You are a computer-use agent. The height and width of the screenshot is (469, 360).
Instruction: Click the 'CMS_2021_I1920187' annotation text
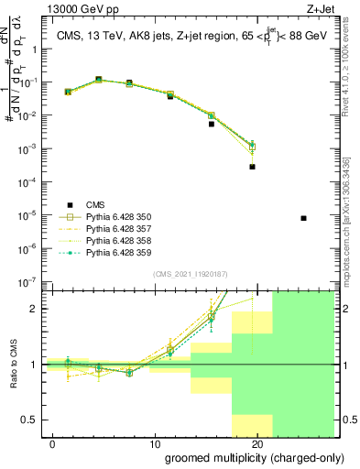pos(190,274)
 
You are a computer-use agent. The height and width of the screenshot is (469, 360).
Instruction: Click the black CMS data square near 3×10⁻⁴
pos(252,167)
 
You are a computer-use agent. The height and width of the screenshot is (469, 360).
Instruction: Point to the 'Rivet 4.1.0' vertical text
pos(353,95)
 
